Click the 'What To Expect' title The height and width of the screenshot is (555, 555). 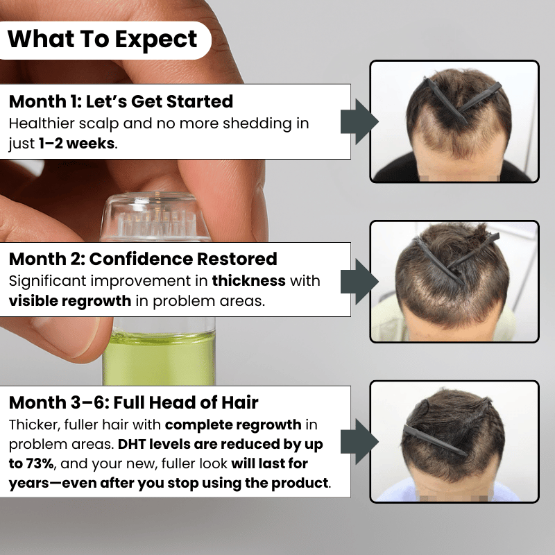(x=102, y=40)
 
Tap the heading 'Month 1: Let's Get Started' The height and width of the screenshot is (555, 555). (x=121, y=101)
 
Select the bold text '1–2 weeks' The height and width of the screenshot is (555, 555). (x=77, y=144)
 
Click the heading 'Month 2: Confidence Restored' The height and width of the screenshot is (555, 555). (x=143, y=259)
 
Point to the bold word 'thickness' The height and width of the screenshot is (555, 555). (x=249, y=281)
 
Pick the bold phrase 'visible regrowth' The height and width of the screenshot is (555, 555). (x=70, y=301)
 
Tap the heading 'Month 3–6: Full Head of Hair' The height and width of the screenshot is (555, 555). (x=133, y=402)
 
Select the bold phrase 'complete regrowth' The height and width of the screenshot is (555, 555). (x=233, y=425)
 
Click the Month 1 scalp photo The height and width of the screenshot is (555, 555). (x=454, y=121)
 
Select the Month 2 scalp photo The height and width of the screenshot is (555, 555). (x=454, y=282)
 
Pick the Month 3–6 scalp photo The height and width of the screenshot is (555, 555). (x=454, y=441)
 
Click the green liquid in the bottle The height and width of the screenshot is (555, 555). (x=160, y=359)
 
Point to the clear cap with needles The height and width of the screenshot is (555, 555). (x=155, y=216)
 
